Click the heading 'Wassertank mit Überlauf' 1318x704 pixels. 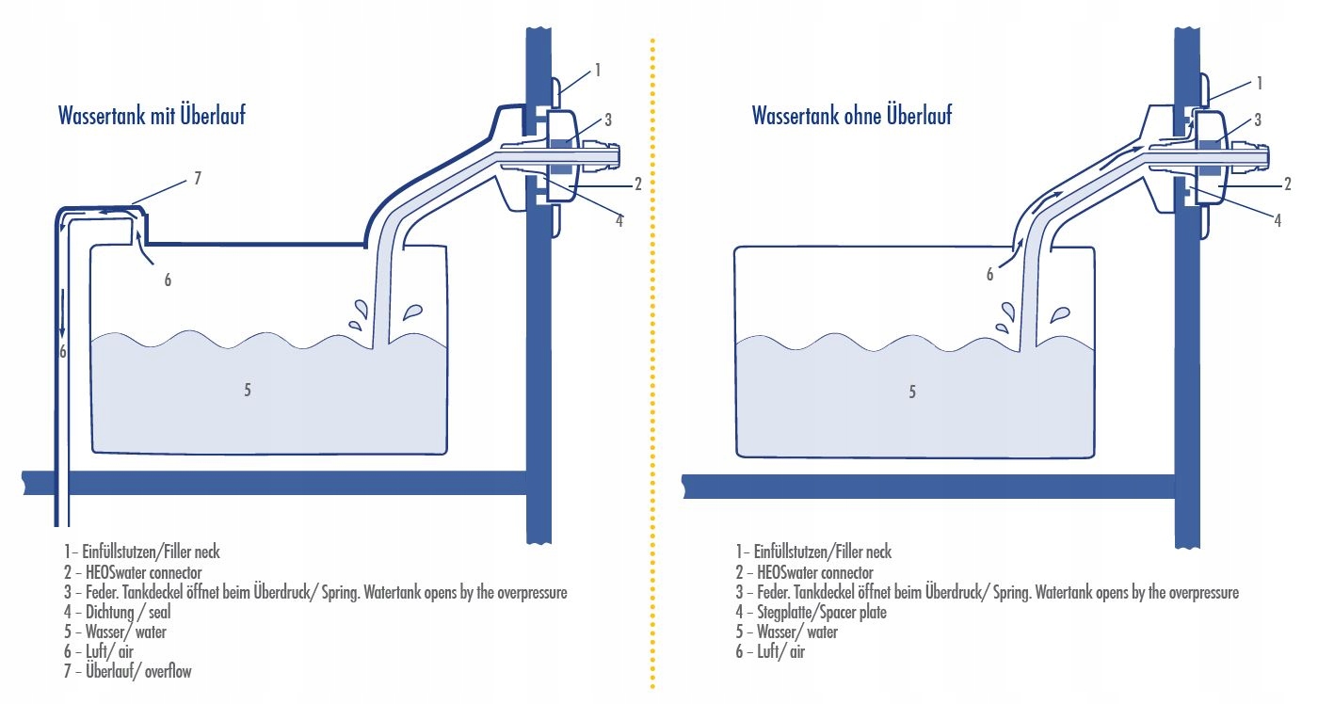152,117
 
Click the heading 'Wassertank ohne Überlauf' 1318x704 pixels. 851,116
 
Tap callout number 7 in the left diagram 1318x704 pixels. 197,178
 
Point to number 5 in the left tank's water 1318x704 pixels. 248,391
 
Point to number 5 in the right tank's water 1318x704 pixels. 911,392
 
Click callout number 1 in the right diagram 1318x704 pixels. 1259,84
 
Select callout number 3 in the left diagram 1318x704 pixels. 608,120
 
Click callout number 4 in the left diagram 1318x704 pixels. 619,220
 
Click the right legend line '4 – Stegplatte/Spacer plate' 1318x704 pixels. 812,613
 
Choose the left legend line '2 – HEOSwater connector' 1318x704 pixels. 133,572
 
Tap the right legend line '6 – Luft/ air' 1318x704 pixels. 771,651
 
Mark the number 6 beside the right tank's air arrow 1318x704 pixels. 989,275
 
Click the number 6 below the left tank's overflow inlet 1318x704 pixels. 168,280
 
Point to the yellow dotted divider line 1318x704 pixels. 651,376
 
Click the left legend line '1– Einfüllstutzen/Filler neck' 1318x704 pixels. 142,552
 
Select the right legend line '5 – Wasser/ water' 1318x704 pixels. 787,632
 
